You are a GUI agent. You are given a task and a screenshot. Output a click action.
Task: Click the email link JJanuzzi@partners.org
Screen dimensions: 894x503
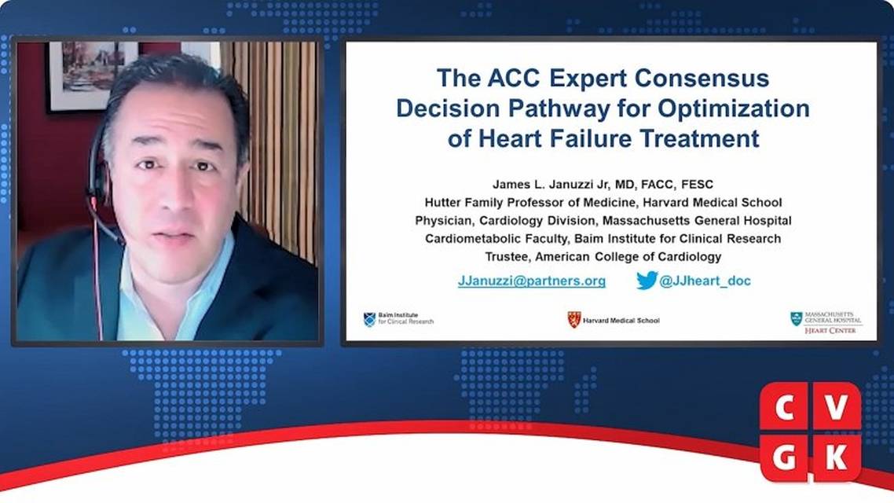click(531, 281)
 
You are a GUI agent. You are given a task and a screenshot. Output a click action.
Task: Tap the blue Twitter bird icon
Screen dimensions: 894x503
click(647, 280)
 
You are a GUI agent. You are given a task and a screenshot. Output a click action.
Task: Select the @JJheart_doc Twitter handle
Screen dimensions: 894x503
click(705, 281)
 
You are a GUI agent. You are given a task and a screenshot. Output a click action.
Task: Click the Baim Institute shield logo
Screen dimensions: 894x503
click(369, 319)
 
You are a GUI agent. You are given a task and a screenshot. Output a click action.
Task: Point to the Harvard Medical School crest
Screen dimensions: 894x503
click(573, 319)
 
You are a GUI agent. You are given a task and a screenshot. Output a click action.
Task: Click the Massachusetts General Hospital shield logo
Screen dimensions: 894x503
click(796, 319)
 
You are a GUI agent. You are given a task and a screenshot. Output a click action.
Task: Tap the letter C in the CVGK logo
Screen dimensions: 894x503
click(785, 408)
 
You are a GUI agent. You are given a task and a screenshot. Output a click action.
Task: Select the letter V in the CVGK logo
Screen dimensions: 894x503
click(836, 408)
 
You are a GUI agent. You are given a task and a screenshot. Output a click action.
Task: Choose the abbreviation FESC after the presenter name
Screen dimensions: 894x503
click(697, 184)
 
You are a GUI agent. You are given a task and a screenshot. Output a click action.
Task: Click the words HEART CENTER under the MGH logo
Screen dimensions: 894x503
click(830, 330)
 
